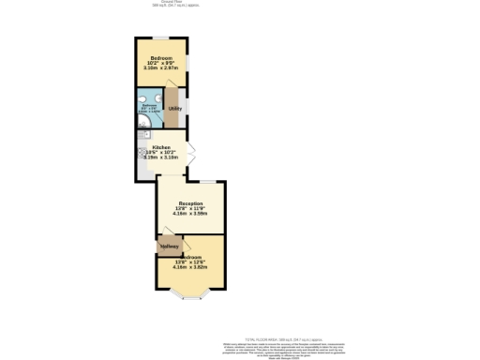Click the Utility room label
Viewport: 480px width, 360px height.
tap(174, 109)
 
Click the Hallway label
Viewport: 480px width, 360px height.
tap(170, 247)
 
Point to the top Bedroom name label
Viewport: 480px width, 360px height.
tap(162, 57)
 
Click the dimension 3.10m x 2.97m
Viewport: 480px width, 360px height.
tap(162, 67)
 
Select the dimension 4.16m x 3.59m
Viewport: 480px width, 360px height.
tap(191, 213)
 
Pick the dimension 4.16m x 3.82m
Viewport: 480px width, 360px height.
tap(191, 267)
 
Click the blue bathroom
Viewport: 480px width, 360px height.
tap(150, 107)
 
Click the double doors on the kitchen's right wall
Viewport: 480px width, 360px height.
tap(189, 152)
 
